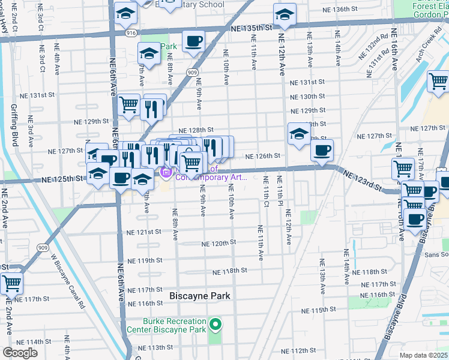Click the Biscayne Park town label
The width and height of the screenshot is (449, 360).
[x=199, y=296]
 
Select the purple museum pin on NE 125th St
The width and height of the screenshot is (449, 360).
[x=165, y=173]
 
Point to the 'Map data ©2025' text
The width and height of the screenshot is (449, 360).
[x=423, y=355]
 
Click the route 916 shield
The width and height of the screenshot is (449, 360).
[x=131, y=34]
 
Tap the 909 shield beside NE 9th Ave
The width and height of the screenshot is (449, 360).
[x=192, y=73]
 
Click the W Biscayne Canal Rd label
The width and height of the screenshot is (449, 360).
[x=67, y=280]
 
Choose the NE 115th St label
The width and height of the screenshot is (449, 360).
[x=319, y=310]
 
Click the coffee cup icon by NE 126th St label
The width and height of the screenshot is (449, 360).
[x=322, y=149]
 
